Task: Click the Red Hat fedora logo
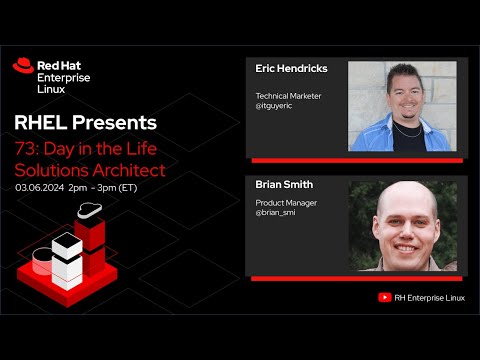[23, 66]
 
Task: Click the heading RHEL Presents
[85, 123]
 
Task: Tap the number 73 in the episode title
[25, 148]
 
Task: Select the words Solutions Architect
[90, 169]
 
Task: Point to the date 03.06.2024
[41, 187]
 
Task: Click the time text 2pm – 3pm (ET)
[106, 187]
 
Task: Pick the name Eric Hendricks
[292, 69]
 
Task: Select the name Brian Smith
[284, 185]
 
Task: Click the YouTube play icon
[384, 297]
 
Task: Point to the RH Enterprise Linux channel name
[431, 297]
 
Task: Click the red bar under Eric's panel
[356, 160]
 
